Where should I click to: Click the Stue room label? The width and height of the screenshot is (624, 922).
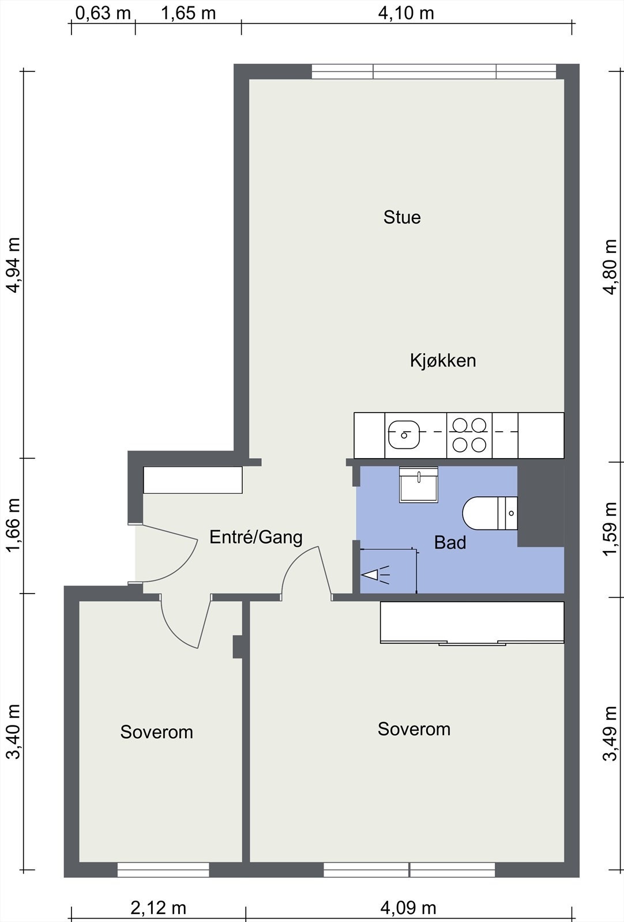click(x=402, y=217)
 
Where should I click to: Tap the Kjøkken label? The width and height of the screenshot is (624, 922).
click(x=443, y=361)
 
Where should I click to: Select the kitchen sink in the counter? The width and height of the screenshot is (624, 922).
click(x=404, y=434)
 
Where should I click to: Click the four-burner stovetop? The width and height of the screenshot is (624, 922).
click(x=469, y=435)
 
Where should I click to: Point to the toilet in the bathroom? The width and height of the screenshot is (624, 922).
click(x=490, y=512)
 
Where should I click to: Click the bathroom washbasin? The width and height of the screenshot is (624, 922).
click(x=418, y=485)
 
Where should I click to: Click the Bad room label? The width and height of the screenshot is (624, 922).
click(x=450, y=543)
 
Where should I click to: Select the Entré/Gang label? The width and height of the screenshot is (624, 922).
click(x=255, y=537)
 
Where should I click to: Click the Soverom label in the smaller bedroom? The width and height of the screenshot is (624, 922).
click(x=156, y=732)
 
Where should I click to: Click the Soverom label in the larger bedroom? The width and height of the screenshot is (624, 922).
click(x=414, y=729)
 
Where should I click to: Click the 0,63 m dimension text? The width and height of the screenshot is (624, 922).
click(x=103, y=13)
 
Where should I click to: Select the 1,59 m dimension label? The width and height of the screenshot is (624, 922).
click(x=610, y=529)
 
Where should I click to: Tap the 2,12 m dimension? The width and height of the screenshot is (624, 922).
click(x=158, y=908)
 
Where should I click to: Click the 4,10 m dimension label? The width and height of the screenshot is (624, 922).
click(x=406, y=13)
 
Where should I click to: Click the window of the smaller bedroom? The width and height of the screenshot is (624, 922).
click(x=163, y=870)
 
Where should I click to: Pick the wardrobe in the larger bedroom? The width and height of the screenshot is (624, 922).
click(x=472, y=622)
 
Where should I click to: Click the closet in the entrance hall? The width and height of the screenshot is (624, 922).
click(x=193, y=480)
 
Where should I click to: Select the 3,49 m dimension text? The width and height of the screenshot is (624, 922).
click(x=610, y=732)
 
